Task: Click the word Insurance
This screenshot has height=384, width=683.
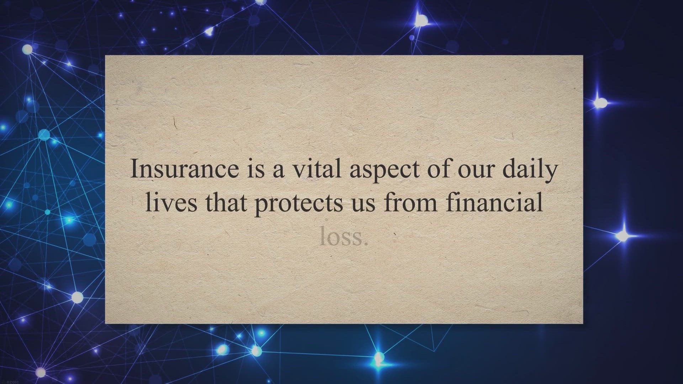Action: pyautogui.click(x=185, y=169)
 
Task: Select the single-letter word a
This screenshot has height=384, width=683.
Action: pyautogui.click(x=278, y=172)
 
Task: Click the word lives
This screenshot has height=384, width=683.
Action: pyautogui.click(x=171, y=202)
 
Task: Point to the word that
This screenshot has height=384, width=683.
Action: pyautogui.click(x=226, y=202)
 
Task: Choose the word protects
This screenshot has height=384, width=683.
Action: pyautogui.click(x=299, y=204)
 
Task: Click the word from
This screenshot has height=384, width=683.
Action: pyautogui.click(x=411, y=202)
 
